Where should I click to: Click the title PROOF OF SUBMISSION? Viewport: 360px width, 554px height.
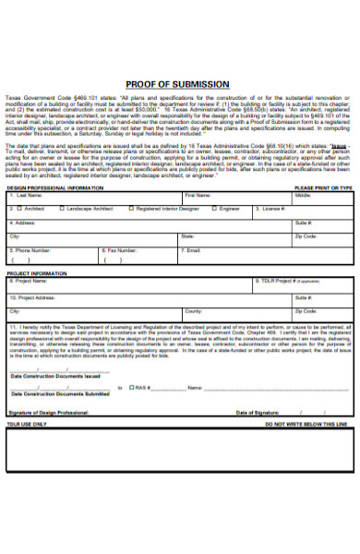pyautogui.click(x=180, y=83)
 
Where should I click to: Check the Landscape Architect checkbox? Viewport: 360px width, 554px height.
pyautogui.click(x=62, y=210)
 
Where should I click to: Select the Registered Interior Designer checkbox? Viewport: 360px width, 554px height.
pyautogui.click(x=131, y=210)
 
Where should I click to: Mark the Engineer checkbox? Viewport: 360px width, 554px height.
pyautogui.click(x=213, y=210)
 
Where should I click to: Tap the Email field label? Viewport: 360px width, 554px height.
pyautogui.click(x=192, y=250)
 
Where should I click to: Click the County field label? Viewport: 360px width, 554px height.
pyautogui.click(x=193, y=312)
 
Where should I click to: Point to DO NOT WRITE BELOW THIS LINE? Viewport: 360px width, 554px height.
pyautogui.click(x=306, y=398)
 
